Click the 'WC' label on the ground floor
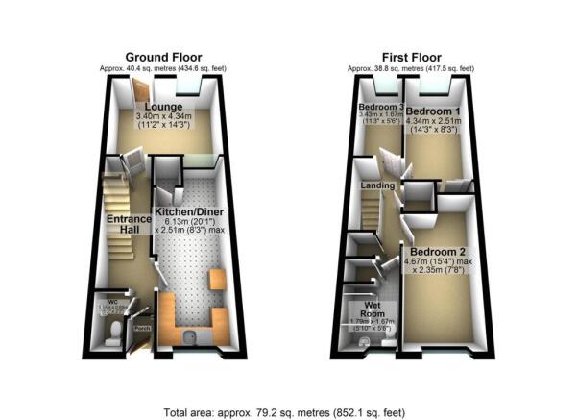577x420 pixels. tap(112, 301)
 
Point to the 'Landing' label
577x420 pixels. tap(373, 185)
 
